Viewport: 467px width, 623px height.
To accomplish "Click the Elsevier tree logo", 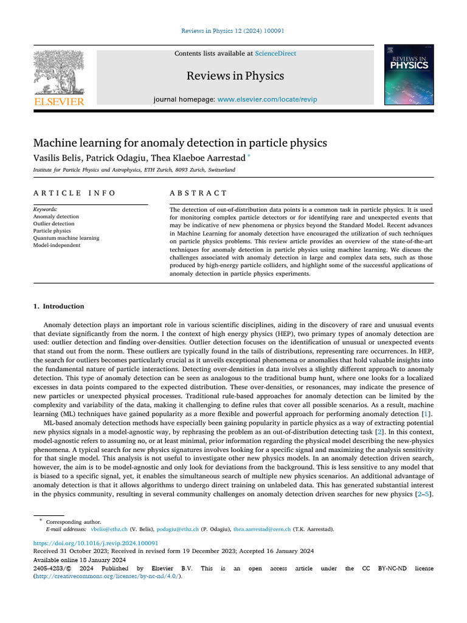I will pyautogui.click(x=58, y=72).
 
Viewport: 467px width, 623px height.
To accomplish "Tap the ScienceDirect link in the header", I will pyautogui.click(x=275, y=54).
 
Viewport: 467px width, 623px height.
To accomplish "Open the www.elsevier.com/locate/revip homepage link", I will pyautogui.click(x=267, y=99).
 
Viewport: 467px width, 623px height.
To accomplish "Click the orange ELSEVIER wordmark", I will pyautogui.click(x=59, y=102).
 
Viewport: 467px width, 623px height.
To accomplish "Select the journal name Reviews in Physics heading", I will pyautogui.click(x=235, y=76).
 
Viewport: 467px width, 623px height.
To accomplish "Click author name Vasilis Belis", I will pyautogui.click(x=57, y=158).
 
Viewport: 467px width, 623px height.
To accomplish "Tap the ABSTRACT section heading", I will pyautogui.click(x=198, y=193).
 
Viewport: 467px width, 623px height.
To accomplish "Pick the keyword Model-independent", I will pyautogui.click(x=57, y=245).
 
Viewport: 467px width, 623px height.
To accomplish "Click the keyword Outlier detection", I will pyautogui.click(x=54, y=223).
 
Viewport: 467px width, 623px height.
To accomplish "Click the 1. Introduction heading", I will pyautogui.click(x=58, y=306).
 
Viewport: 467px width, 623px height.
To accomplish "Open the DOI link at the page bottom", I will pyautogui.click(x=95, y=543).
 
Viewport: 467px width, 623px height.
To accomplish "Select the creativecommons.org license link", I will pyautogui.click(x=107, y=576).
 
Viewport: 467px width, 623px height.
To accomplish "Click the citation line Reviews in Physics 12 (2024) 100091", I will pyautogui.click(x=233, y=31).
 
